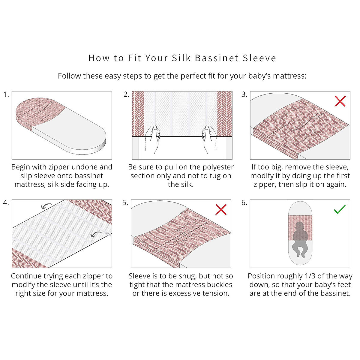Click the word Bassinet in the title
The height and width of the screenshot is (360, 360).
217,58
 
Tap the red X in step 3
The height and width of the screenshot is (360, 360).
340,101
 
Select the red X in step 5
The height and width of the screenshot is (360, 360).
221,209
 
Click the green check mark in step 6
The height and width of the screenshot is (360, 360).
340,209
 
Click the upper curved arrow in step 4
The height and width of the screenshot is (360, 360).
46,206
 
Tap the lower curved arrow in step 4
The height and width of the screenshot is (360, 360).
96,234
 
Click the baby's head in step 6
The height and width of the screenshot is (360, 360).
300,226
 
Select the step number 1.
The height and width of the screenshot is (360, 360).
6,94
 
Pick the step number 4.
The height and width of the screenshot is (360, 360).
6,202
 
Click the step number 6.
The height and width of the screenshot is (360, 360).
244,202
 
